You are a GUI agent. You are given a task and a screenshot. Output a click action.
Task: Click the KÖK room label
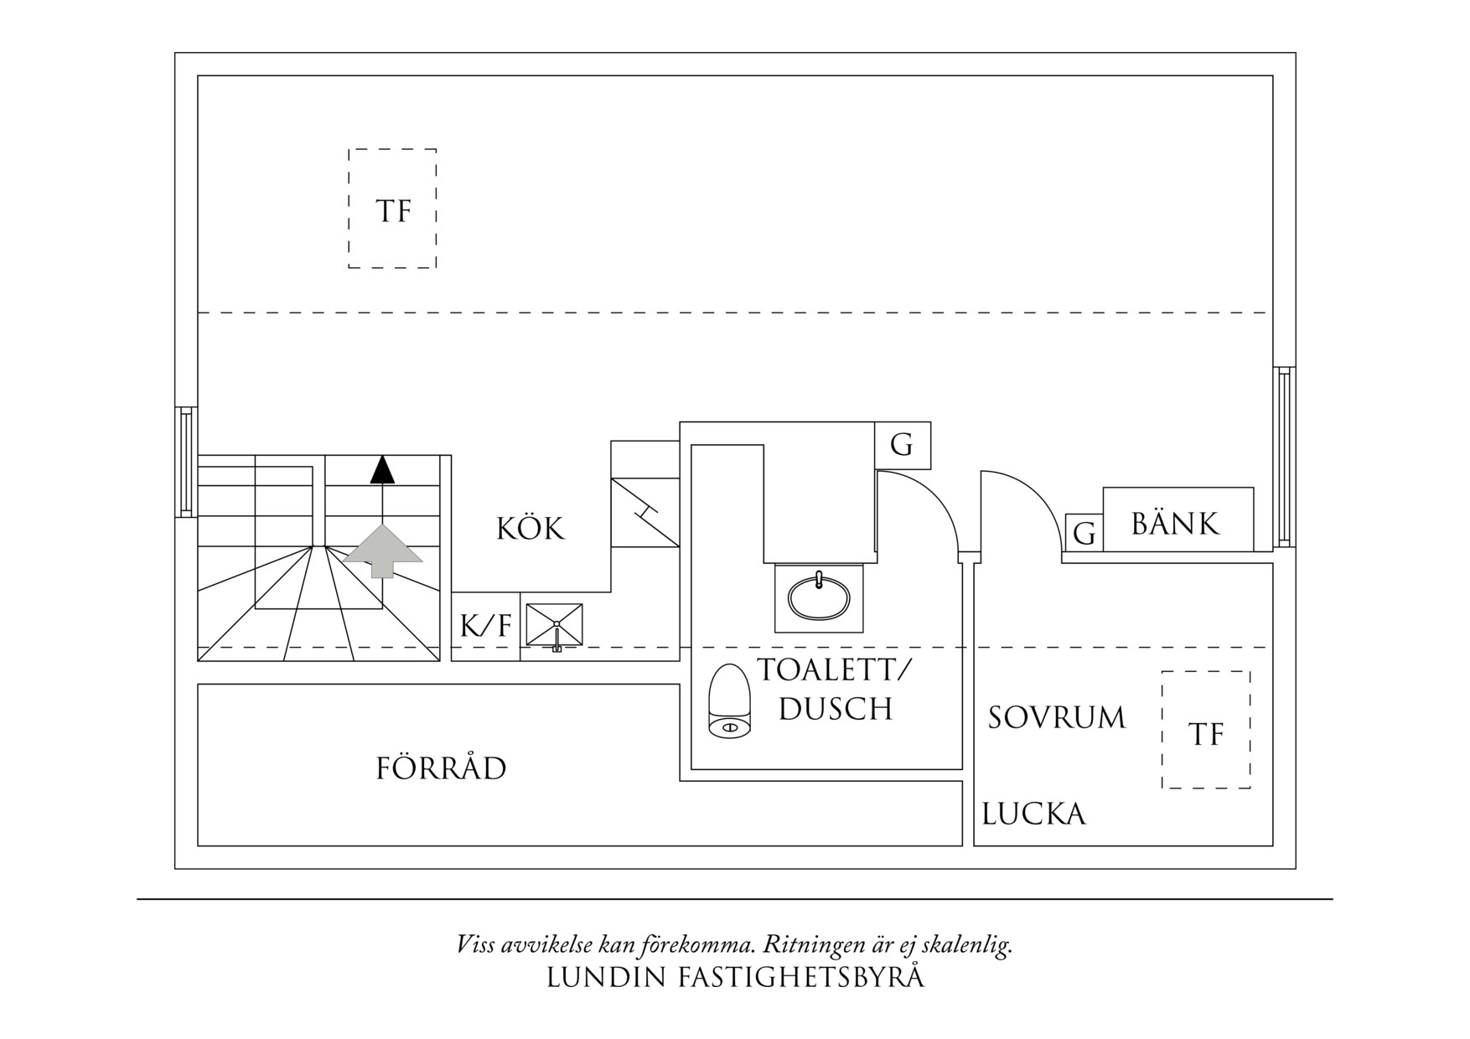[531, 529]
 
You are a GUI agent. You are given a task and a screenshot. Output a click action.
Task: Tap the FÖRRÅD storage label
[441, 768]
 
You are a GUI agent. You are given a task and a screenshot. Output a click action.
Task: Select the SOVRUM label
[1056, 718]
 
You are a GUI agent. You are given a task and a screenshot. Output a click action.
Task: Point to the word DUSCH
[836, 709]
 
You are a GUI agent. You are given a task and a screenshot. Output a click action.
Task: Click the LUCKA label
[1033, 814]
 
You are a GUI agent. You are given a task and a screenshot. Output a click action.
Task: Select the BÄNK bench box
[1177, 523]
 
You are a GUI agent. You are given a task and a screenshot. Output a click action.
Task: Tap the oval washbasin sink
[819, 597]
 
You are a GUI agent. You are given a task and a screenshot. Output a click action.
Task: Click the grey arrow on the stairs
[383, 551]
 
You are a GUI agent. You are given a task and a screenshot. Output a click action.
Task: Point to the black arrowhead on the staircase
[382, 470]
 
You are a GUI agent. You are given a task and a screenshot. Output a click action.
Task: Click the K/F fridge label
[485, 626]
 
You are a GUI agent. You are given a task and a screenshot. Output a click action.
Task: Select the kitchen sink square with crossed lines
[554, 625]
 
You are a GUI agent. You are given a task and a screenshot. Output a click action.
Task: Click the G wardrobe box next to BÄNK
[1084, 533]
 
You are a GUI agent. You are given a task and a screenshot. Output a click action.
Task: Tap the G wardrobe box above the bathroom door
[902, 445]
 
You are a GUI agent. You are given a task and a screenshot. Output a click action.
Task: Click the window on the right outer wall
[1283, 457]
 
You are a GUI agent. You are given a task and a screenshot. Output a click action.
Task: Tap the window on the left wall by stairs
[186, 461]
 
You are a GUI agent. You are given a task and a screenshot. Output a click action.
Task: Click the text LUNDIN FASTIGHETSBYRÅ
[735, 978]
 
